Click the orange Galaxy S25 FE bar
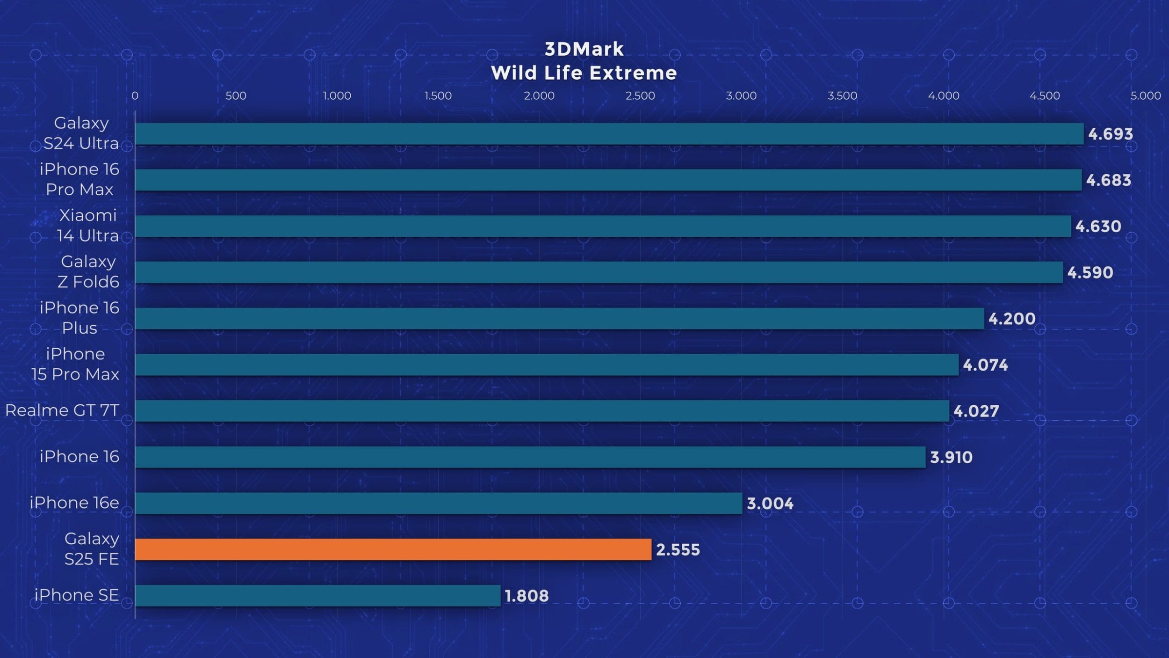[393, 549]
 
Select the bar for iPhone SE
[318, 595]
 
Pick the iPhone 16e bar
[438, 503]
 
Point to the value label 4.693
[1111, 134]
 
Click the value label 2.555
[678, 550]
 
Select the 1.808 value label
[527, 596]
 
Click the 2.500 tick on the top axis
[640, 96]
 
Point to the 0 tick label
[135, 96]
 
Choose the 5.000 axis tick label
[1146, 96]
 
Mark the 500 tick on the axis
[236, 96]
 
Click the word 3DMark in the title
[584, 49]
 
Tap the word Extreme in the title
[633, 73]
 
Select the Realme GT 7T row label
[62, 410]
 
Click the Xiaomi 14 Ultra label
[87, 225]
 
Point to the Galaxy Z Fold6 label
[88, 271]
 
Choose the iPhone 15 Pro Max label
[75, 364]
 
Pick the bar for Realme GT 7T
[542, 411]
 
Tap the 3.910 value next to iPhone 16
[951, 457]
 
